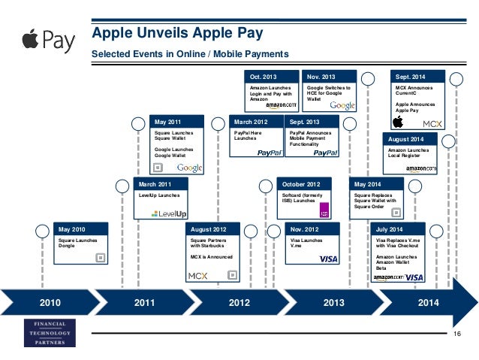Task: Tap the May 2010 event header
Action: click(x=83, y=228)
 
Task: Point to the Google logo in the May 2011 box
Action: click(x=189, y=168)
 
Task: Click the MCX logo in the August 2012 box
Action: click(x=198, y=275)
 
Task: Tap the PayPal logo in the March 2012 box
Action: click(x=269, y=152)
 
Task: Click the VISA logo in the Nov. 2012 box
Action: click(x=328, y=259)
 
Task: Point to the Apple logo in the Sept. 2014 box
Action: click(x=399, y=123)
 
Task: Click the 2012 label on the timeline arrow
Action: click(x=239, y=304)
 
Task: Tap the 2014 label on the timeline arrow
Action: click(x=429, y=304)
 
